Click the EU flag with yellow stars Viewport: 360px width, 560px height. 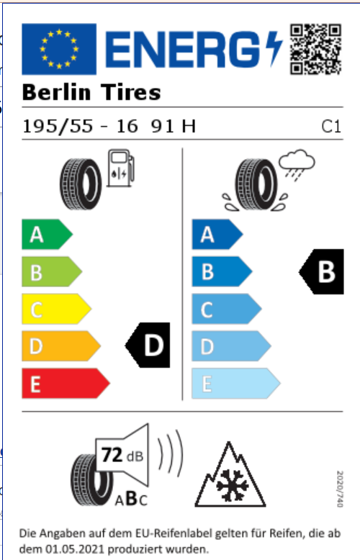(x=59, y=49)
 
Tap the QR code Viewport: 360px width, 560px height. (x=315, y=49)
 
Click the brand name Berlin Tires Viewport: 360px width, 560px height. (x=91, y=93)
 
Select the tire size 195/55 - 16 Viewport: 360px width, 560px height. (x=80, y=126)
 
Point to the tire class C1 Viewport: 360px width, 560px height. (x=331, y=127)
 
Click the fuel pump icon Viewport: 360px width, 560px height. (x=121, y=168)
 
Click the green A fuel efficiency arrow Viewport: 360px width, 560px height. (x=47, y=234)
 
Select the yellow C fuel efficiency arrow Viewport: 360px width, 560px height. (x=56, y=309)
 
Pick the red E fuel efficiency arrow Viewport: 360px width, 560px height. (x=66, y=383)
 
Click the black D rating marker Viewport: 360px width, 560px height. (x=148, y=345)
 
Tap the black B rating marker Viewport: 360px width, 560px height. (x=321, y=272)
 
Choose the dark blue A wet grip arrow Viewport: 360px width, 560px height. (x=217, y=234)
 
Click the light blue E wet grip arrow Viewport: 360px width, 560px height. (x=236, y=383)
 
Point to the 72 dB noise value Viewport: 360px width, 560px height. (x=122, y=456)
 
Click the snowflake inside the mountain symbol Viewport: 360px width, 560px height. (x=232, y=485)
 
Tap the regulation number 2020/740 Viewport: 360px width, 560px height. (x=340, y=489)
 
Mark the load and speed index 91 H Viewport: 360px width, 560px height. (x=174, y=126)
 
